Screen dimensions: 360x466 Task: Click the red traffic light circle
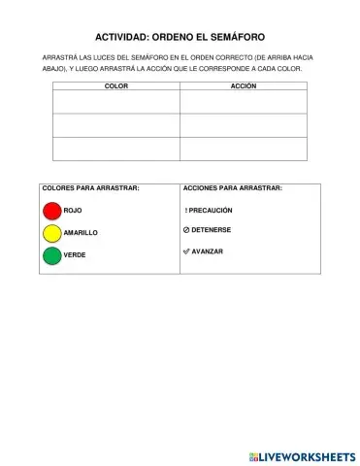point(52,211)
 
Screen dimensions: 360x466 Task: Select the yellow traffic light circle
point(52,233)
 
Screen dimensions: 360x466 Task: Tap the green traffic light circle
point(52,255)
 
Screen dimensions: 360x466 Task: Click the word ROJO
point(72,211)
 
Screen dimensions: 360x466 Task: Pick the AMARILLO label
point(81,233)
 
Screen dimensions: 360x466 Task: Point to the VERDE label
point(75,255)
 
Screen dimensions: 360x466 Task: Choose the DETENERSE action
point(211,230)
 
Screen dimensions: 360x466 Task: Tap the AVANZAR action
point(207,251)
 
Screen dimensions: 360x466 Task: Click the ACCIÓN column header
point(243,86)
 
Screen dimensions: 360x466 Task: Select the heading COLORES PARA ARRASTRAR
point(90,187)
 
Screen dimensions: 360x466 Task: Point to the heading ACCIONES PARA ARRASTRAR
point(232,187)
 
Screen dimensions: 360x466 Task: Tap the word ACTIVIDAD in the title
point(131,35)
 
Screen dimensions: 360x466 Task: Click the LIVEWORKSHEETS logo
point(301,455)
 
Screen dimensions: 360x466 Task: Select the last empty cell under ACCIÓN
point(243,149)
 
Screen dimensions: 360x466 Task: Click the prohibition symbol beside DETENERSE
point(185,230)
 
